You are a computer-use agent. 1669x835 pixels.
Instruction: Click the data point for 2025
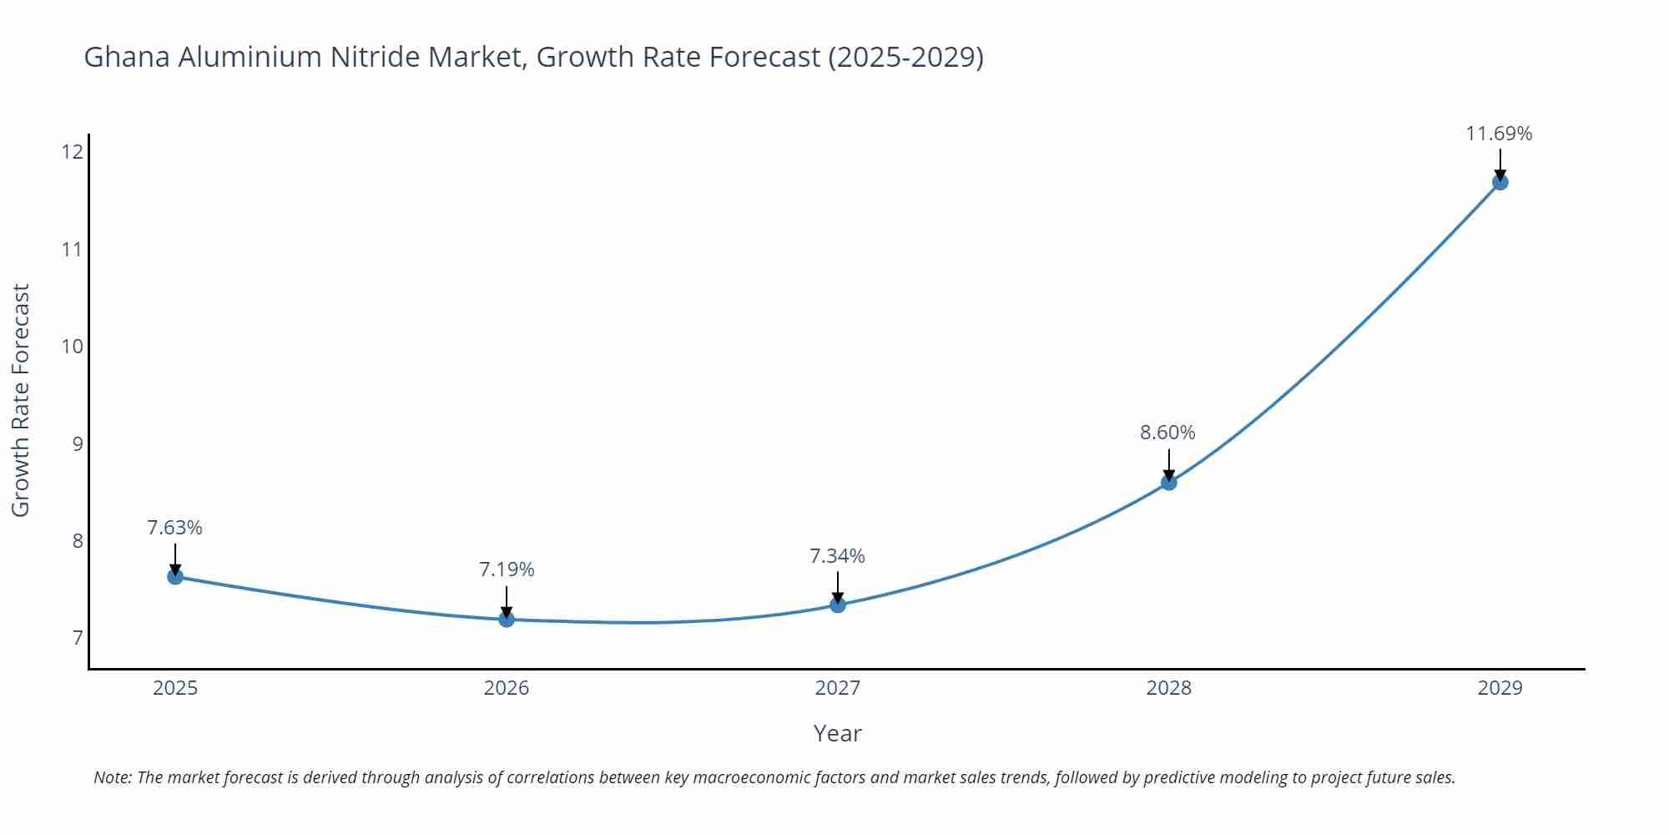pos(175,576)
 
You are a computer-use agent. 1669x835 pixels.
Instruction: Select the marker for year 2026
pos(507,619)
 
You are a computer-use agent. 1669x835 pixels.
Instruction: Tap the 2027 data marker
pos(838,605)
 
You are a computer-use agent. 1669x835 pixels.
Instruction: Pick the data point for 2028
pos(1168,482)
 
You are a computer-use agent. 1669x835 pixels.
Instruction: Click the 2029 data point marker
pos(1500,182)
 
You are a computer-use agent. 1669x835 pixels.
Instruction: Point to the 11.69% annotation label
pos(1499,134)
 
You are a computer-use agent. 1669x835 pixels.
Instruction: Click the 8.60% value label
pos(1167,433)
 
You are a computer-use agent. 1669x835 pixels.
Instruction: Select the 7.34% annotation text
pos(837,556)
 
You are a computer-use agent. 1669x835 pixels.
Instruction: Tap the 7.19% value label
pos(507,569)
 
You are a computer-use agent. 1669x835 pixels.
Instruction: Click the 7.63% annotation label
pos(174,528)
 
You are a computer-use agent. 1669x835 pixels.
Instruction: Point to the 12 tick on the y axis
pos(72,151)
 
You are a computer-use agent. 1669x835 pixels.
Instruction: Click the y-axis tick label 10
pos(72,346)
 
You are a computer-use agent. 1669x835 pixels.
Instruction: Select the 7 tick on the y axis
pos(78,638)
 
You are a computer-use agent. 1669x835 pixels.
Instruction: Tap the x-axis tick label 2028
pos(1168,688)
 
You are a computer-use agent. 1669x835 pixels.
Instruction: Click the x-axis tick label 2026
pos(507,688)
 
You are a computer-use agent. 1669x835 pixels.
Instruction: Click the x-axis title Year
pos(837,733)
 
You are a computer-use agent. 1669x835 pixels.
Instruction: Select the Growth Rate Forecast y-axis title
pos(21,400)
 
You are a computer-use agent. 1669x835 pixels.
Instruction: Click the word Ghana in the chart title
pos(127,57)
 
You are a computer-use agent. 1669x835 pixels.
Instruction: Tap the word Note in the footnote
pos(112,777)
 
